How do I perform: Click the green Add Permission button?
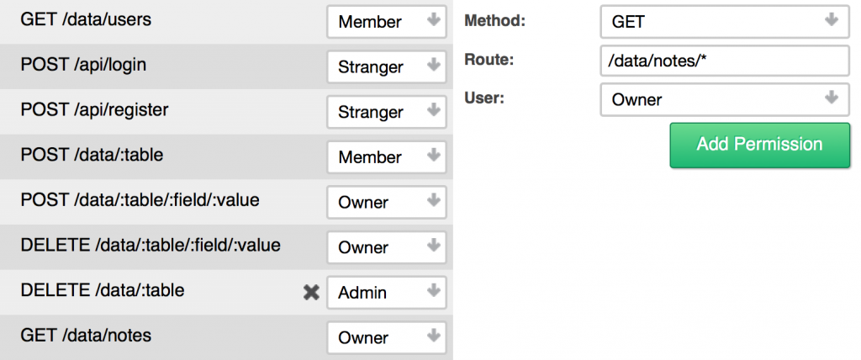[760, 146]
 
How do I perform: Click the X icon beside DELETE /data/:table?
[311, 293]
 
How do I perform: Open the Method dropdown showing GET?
[725, 22]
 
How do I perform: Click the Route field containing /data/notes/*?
[725, 61]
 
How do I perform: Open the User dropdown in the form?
[725, 99]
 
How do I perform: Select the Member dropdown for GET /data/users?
[387, 22]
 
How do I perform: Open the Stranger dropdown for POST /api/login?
[387, 67]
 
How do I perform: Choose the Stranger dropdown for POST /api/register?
[387, 112]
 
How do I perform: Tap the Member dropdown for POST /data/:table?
[387, 157]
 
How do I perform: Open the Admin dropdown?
[387, 293]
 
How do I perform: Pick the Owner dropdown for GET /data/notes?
[387, 337]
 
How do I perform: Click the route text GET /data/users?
[86, 20]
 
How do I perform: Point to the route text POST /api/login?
[83, 65]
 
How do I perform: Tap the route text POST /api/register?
[94, 110]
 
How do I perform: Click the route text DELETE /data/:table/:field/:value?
[151, 245]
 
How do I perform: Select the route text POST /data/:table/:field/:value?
[140, 200]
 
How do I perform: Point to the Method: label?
[494, 21]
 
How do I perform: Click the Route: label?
[489, 60]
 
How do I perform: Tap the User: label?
[483, 98]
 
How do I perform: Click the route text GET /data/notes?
[86, 336]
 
